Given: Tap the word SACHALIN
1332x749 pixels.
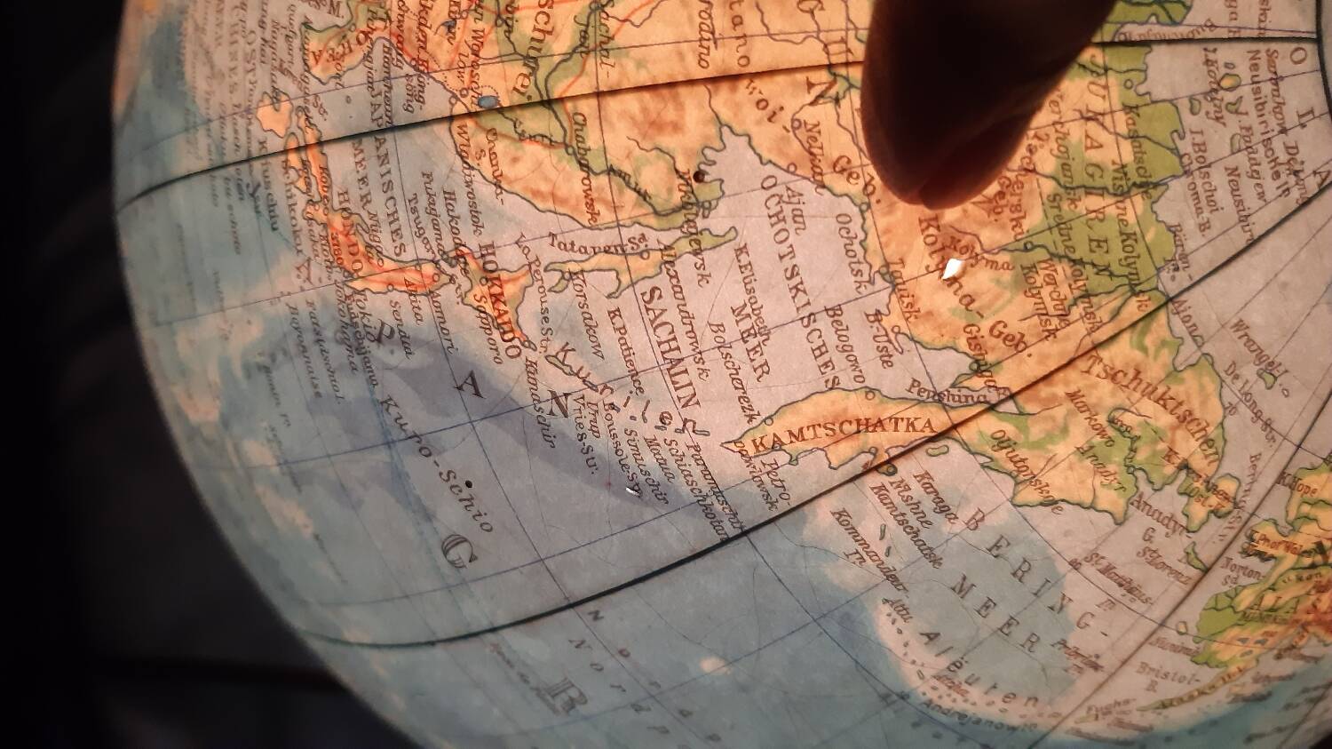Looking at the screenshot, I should (x=670, y=355).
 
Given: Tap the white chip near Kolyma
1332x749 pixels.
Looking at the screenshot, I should (x=951, y=268).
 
